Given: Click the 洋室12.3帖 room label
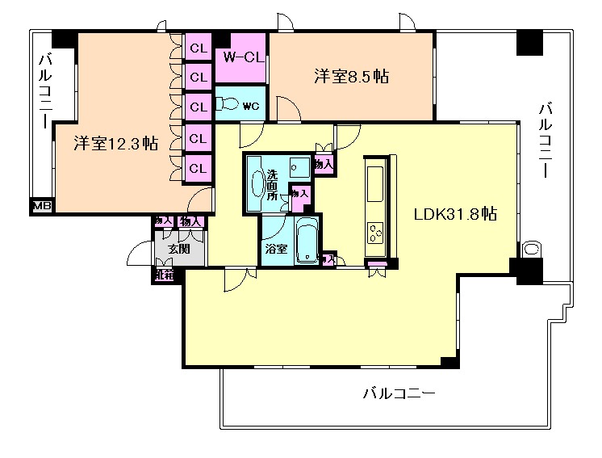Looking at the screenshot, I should point(116,144).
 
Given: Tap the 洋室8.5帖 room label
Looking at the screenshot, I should point(351,78).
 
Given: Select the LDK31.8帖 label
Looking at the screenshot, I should point(454,216).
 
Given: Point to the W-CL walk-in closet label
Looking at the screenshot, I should point(240,57).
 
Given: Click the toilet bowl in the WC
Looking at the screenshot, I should point(230,104).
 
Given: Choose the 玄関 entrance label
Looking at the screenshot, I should point(179,249).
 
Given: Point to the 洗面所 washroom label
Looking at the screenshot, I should point(277,184).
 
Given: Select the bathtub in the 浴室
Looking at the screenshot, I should point(307,239).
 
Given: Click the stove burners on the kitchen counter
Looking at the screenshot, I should point(377,234).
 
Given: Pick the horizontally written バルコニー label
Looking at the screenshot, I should point(399,394).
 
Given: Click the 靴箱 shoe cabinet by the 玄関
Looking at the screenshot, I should point(163,275).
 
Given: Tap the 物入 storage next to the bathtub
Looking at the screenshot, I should point(328,259).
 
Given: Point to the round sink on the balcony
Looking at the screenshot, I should point(532,249).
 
